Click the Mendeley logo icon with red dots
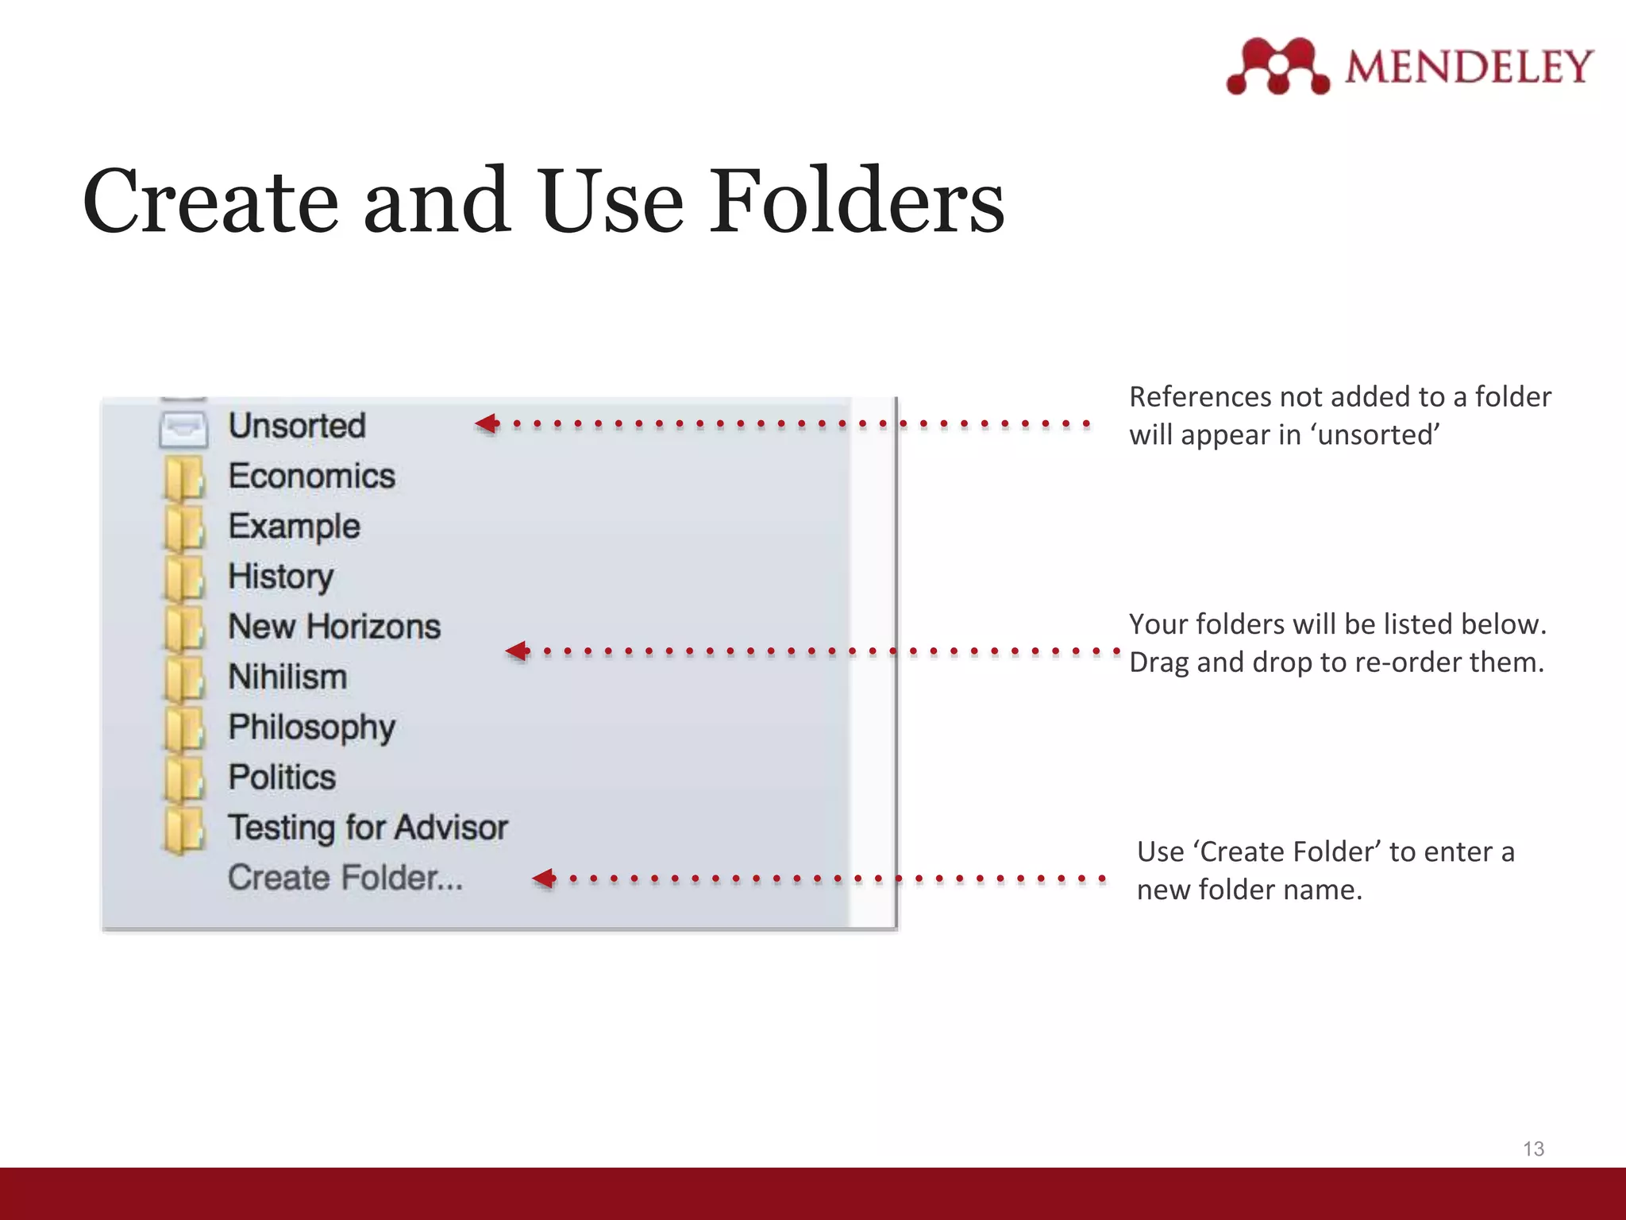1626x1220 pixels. tap(1277, 66)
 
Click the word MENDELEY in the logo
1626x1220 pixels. tap(1469, 67)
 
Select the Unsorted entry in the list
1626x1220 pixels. tap(297, 426)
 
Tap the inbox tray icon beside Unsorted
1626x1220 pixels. tap(183, 429)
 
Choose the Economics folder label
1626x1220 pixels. tap(311, 477)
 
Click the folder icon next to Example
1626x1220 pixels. tap(184, 528)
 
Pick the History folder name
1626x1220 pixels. tap(280, 577)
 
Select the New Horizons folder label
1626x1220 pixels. tap(334, 627)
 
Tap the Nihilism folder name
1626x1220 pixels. tap(287, 678)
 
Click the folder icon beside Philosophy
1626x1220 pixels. tap(184, 729)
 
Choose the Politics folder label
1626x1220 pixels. tap(282, 778)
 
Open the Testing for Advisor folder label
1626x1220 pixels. tap(368, 828)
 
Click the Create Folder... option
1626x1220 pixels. tap(345, 878)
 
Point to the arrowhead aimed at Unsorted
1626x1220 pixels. tap(487, 423)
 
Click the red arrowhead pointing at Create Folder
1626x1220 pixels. tap(545, 878)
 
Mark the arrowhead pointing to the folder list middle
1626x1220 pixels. tap(518, 651)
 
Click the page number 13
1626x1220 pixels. tap(1533, 1149)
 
